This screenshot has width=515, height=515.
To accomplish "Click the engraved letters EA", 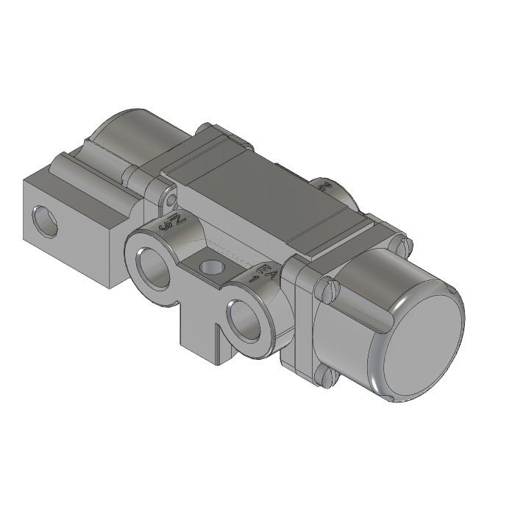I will tap(266, 270).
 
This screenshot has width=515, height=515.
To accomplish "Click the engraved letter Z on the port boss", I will tap(174, 220).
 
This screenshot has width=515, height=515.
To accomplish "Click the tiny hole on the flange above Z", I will tap(171, 199).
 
